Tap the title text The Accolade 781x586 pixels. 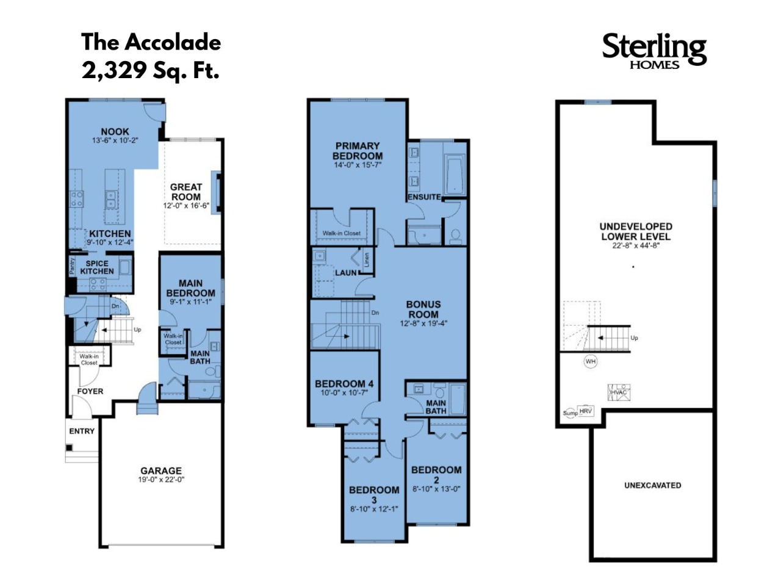pos(151,42)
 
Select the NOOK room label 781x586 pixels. pos(115,131)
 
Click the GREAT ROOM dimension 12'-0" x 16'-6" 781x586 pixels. pos(186,206)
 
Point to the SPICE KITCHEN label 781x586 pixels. pos(97,267)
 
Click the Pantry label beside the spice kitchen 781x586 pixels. pos(72,266)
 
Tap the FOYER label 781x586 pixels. pos(90,391)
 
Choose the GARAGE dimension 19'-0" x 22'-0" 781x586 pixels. pos(161,480)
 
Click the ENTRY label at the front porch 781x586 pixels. pos(82,431)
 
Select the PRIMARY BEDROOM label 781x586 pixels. pos(358,151)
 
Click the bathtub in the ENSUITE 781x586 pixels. pos(455,175)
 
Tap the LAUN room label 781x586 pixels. pos(345,273)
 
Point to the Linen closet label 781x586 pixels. pos(367,259)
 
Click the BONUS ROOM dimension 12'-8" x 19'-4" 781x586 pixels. pos(423,324)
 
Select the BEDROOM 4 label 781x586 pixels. pos(344,384)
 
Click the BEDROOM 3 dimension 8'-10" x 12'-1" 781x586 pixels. pos(374,509)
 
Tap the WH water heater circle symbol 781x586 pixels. pos(590,361)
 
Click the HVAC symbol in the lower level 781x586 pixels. pos(619,392)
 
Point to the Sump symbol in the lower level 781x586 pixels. pos(570,413)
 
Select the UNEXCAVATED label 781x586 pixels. pos(652,485)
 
